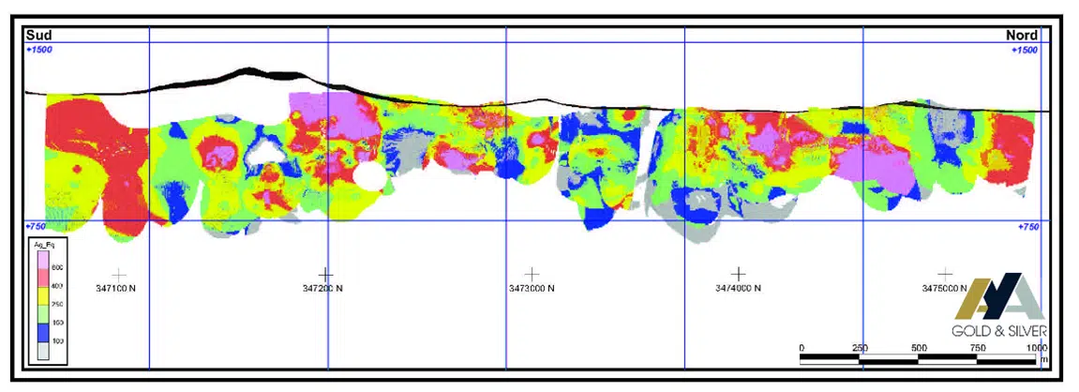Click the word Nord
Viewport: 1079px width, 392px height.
tap(1022, 36)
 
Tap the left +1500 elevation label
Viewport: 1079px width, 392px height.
tap(39, 49)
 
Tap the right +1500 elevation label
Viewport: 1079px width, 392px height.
tap(1025, 49)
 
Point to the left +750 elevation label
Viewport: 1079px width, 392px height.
tap(37, 226)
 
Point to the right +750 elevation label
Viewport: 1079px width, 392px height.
tap(1027, 226)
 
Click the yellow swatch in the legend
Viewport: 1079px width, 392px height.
tap(44, 303)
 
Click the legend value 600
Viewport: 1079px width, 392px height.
tap(57, 266)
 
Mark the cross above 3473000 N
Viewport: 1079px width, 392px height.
tap(532, 274)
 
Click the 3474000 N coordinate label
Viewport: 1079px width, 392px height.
tap(731, 289)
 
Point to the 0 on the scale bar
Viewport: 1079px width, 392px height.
tap(802, 348)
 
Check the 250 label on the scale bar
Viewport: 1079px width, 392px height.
tap(861, 348)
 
